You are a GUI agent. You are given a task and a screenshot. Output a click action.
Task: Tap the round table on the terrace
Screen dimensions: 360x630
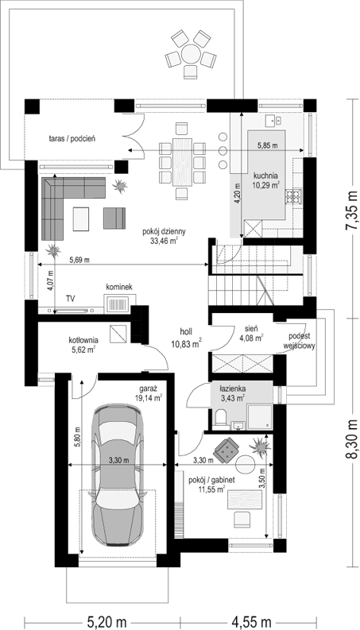click(x=191, y=54)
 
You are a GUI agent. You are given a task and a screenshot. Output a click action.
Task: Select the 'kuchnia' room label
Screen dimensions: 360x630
click(x=265, y=176)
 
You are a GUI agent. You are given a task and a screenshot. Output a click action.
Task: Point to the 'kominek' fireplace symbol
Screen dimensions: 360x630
click(x=120, y=303)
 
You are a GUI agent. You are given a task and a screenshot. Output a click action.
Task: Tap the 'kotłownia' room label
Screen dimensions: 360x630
click(x=83, y=340)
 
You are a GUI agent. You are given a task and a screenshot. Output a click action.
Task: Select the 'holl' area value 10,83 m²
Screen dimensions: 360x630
click(x=185, y=344)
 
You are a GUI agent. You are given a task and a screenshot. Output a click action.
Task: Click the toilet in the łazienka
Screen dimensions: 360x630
click(x=222, y=419)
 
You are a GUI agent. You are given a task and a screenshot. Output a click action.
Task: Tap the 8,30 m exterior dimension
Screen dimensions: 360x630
click(x=351, y=439)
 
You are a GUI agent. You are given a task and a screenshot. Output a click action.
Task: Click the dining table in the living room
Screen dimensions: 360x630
click(x=183, y=162)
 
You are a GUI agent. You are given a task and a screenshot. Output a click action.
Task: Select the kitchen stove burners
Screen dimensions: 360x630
click(x=294, y=195)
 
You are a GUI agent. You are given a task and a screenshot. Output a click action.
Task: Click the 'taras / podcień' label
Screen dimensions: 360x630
click(x=75, y=139)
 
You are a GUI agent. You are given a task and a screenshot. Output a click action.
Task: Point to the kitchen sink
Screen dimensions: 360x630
click(x=275, y=119)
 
